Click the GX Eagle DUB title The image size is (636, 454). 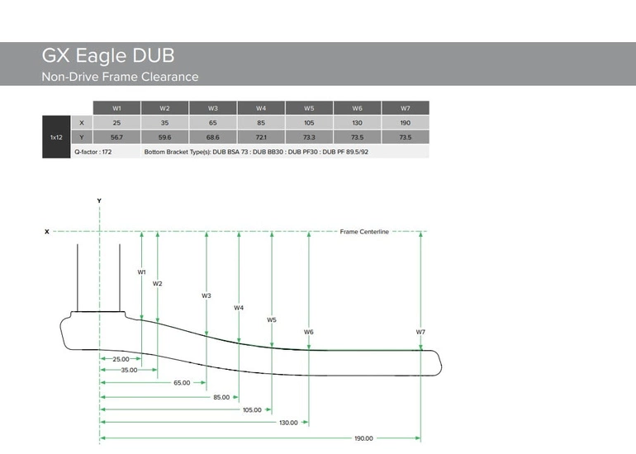coord(108,56)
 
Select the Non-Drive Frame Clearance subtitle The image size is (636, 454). coord(120,77)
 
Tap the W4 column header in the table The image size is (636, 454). coord(261,108)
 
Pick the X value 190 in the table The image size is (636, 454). coord(405,123)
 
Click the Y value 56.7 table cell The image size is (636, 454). coord(116,137)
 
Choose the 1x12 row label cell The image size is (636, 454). coord(57,137)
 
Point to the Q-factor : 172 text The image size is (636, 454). coord(93,152)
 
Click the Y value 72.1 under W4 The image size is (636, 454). coord(261,137)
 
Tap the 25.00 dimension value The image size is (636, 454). coord(121,359)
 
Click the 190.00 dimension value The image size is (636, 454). coord(363,438)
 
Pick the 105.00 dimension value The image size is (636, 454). coord(251,409)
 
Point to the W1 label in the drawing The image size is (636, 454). coord(141,272)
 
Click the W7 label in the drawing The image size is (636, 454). coord(420,332)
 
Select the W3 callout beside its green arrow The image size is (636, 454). coord(206,296)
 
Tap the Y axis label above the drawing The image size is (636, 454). coord(99,201)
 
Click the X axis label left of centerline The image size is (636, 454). coord(46,232)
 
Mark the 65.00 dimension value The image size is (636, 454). coord(183,383)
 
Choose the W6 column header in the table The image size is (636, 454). coord(357,108)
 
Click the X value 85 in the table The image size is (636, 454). coord(261,123)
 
